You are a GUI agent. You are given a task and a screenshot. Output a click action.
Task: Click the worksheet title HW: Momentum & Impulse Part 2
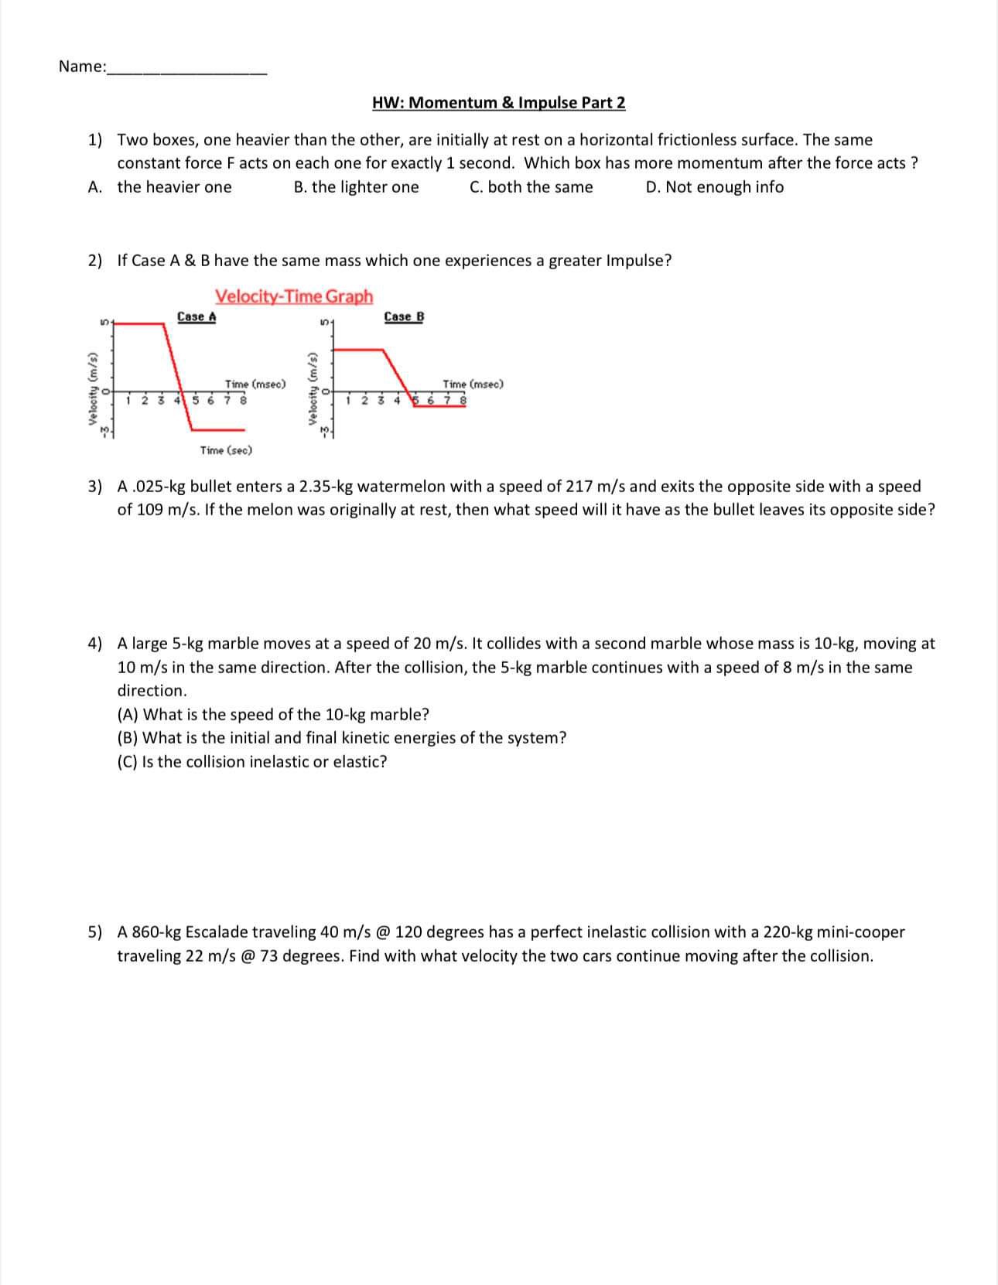coord(498,103)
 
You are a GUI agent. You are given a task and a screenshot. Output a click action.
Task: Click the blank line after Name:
coord(188,68)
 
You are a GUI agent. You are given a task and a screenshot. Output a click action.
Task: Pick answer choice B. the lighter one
coord(356,187)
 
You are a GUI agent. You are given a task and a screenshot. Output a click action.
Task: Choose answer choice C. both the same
coord(531,187)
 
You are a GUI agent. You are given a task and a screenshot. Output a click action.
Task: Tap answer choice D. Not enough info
coord(714,187)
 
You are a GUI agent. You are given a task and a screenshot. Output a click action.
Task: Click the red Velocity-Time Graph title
coord(294,296)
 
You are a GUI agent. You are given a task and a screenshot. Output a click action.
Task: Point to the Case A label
coord(197,316)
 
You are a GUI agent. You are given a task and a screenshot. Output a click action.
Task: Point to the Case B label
coord(404,316)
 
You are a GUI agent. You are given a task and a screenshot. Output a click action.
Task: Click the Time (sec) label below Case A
coord(226,450)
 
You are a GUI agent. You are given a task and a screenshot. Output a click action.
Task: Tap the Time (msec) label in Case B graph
coord(473,384)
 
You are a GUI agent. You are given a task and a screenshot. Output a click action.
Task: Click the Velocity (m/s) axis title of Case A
coord(93,388)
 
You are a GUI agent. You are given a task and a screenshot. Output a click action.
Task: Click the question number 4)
coord(94,644)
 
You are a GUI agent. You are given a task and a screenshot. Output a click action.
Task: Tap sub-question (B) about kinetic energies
coord(341,738)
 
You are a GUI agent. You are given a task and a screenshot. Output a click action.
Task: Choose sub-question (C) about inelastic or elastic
coord(252,762)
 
